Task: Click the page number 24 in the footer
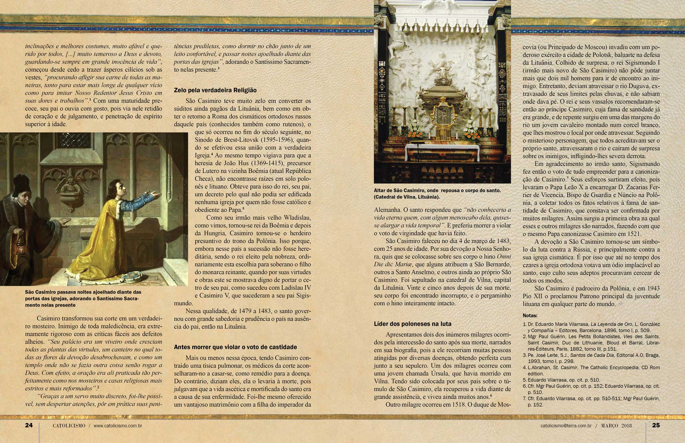pos(29,425)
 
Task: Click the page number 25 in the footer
pos(656,425)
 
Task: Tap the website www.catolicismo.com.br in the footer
pos(118,426)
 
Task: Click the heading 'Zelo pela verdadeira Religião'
pos(215,90)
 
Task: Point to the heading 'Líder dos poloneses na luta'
pos(413,324)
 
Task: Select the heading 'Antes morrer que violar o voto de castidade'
pos(235,347)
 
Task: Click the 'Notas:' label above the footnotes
pos(530,316)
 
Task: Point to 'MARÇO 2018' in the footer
pos(616,426)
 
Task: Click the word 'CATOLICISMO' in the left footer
pos(69,426)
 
